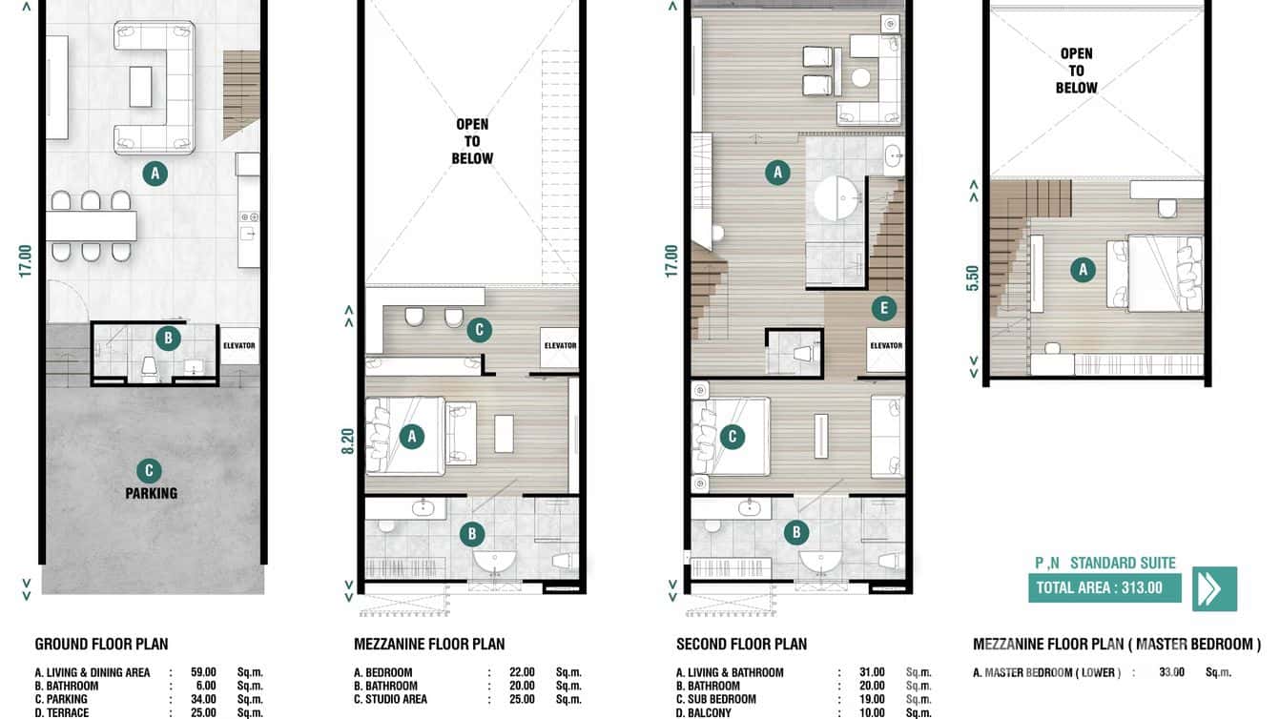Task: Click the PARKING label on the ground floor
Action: pos(151,493)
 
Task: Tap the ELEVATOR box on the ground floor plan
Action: pos(238,345)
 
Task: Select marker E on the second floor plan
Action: pos(884,308)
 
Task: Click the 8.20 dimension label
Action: pos(348,440)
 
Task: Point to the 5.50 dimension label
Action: pos(973,277)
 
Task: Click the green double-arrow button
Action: pos(1214,588)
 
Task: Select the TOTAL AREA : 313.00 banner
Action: pos(1104,587)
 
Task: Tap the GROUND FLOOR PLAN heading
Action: pos(101,644)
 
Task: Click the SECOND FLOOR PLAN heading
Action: pos(741,644)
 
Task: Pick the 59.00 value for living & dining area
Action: pos(204,672)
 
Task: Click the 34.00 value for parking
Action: pos(204,699)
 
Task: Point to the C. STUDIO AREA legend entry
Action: pos(390,699)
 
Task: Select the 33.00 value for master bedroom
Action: pos(1170,672)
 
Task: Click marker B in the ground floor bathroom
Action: pos(168,338)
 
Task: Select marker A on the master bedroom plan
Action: pos(1081,270)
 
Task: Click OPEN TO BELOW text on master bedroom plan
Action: pos(1076,71)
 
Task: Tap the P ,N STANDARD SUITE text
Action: pos(1105,563)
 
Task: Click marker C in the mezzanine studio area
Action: pos(479,331)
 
